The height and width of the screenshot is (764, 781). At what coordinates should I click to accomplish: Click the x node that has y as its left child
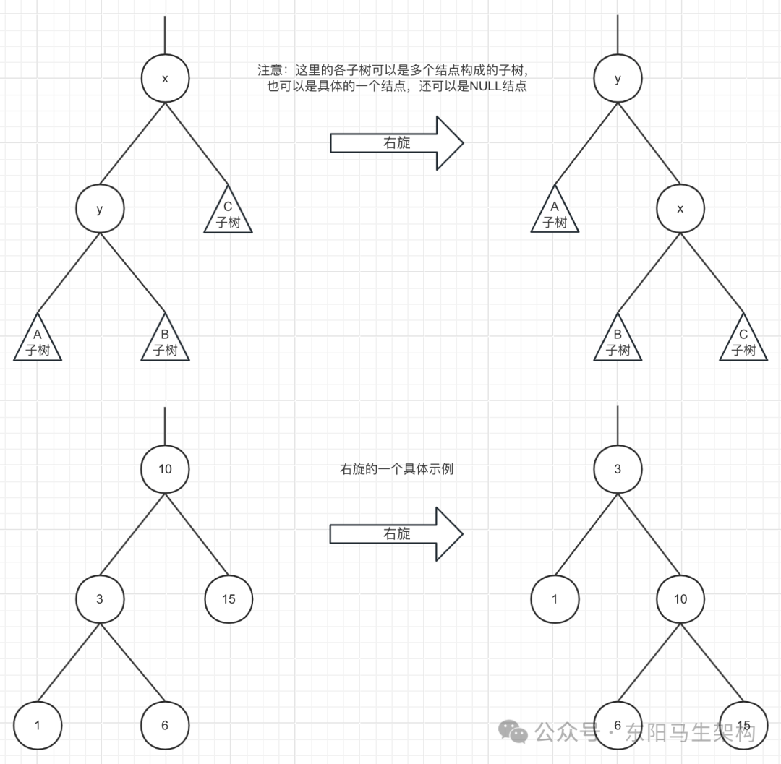(165, 79)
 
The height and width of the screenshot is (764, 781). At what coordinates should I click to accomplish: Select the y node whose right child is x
(617, 79)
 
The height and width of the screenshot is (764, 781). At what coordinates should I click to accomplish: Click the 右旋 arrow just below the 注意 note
(396, 143)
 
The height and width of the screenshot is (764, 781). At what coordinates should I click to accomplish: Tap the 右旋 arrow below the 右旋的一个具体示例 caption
(396, 533)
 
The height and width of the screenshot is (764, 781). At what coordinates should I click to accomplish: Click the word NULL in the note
(485, 86)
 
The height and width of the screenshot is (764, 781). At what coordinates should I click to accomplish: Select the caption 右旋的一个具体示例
(396, 469)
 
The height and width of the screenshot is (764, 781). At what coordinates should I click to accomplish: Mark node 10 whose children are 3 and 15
(165, 469)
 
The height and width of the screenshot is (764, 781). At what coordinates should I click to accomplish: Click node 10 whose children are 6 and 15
(680, 598)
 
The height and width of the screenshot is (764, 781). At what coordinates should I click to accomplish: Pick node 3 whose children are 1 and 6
(100, 598)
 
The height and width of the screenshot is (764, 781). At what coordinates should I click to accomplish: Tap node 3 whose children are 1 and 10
(617, 469)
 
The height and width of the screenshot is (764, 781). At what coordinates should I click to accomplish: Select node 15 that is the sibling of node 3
(229, 598)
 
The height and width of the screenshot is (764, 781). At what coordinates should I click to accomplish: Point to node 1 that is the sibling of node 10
(555, 598)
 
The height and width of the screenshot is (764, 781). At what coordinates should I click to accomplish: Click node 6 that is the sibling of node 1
(165, 725)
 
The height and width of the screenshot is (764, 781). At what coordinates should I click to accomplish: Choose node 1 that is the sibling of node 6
(38, 725)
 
